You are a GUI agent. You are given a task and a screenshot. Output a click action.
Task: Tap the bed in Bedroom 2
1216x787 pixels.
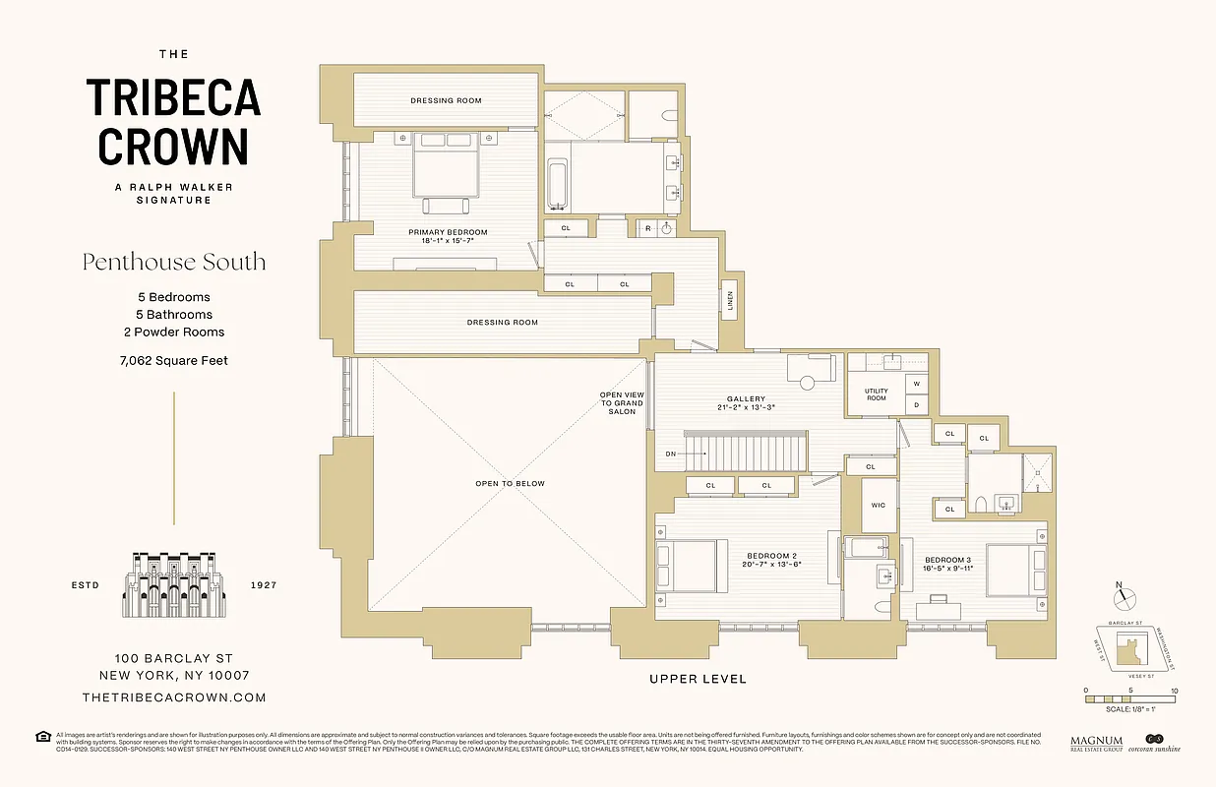tap(693, 569)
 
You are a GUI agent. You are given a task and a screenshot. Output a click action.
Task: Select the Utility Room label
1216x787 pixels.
tap(876, 394)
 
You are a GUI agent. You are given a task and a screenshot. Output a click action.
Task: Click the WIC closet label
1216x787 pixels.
tap(879, 506)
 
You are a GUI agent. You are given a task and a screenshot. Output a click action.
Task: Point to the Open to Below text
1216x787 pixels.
tap(509, 484)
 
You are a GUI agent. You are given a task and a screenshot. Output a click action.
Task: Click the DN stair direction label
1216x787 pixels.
tap(670, 454)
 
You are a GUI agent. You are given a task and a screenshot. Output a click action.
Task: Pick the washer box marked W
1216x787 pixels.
tap(917, 384)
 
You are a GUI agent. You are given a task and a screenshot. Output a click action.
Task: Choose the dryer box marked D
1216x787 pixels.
tap(917, 404)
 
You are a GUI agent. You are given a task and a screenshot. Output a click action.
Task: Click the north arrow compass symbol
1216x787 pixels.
tap(1125, 597)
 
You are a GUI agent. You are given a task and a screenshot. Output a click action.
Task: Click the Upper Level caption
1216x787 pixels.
tap(698, 679)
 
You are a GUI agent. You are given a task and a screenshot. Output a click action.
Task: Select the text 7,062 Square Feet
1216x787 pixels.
tap(174, 361)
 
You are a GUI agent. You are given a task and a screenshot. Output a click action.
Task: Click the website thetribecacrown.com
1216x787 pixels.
tap(174, 697)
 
